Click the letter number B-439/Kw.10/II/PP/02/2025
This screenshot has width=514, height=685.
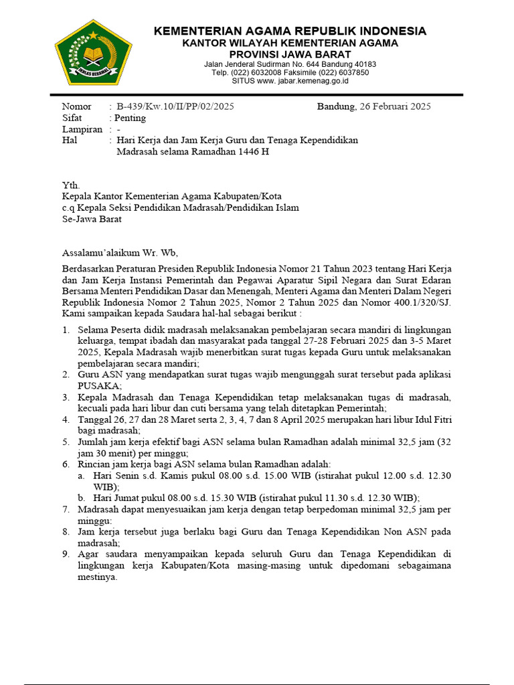point(175,106)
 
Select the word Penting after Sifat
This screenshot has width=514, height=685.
point(130,118)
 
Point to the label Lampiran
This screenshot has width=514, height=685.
point(82,129)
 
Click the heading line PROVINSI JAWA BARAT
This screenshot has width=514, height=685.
point(290,54)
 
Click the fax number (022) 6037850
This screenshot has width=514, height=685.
point(346,72)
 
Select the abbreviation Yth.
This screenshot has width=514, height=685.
point(70,185)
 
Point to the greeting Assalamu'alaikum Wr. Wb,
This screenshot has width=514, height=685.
point(120,253)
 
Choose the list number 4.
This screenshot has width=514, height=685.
point(66,420)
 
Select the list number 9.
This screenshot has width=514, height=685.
point(66,555)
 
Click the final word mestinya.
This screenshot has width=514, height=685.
point(98,577)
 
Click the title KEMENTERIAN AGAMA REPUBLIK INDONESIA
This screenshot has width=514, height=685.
point(290,31)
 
